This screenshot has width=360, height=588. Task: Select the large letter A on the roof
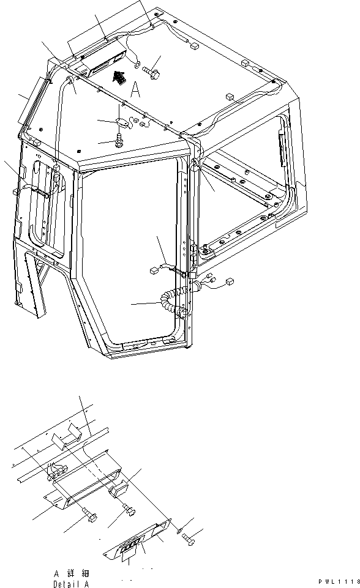pos(136,90)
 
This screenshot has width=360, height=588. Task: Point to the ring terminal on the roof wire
pos(137,64)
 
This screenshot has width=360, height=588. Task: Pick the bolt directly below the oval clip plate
pos(120,140)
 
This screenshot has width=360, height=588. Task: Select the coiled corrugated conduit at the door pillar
pos(173,301)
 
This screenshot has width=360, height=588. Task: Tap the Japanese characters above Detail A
pos(71,573)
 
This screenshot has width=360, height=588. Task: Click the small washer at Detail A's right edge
pos(179,530)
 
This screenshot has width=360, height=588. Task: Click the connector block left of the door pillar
pos(154,270)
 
